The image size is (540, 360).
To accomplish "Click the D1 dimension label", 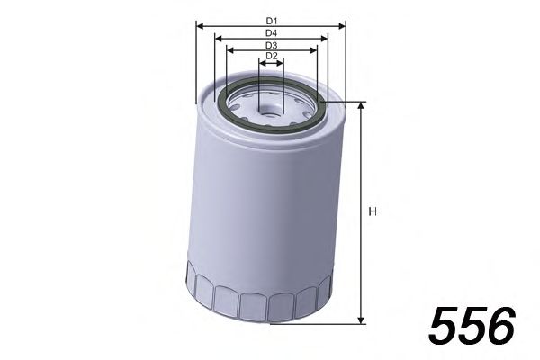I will click(271, 19).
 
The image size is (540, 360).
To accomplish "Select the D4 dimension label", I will click(271, 32).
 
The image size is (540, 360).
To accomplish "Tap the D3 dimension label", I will click(271, 45).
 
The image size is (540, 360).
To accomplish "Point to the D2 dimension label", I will click(271, 57).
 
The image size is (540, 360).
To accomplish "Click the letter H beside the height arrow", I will click(372, 212).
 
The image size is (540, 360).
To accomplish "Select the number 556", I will click(472, 325).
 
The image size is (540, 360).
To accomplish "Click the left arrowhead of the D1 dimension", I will click(200, 26).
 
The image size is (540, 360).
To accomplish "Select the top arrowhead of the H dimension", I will click(360, 106).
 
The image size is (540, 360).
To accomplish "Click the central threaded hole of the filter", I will click(271, 111).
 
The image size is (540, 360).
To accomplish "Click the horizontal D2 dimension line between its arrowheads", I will click(271, 64).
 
